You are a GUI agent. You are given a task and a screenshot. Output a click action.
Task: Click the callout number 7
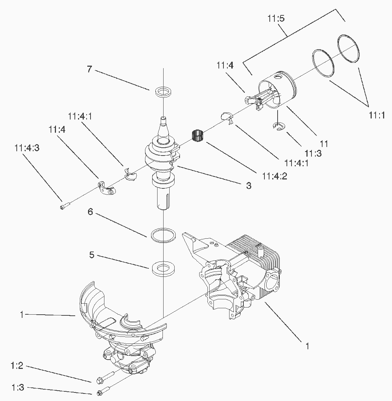point(89,69)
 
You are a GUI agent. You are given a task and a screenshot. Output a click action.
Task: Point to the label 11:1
point(376,115)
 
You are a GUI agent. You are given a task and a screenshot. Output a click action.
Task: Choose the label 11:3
point(313,153)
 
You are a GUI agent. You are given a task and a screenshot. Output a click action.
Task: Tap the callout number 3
point(248,186)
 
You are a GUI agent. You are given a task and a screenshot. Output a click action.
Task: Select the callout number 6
point(90,212)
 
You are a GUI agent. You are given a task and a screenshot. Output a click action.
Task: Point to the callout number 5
point(92,255)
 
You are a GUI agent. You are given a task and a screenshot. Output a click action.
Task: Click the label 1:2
point(17,366)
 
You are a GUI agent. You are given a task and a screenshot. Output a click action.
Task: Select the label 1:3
point(17,387)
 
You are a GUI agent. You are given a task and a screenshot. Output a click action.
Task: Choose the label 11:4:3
point(27,148)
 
